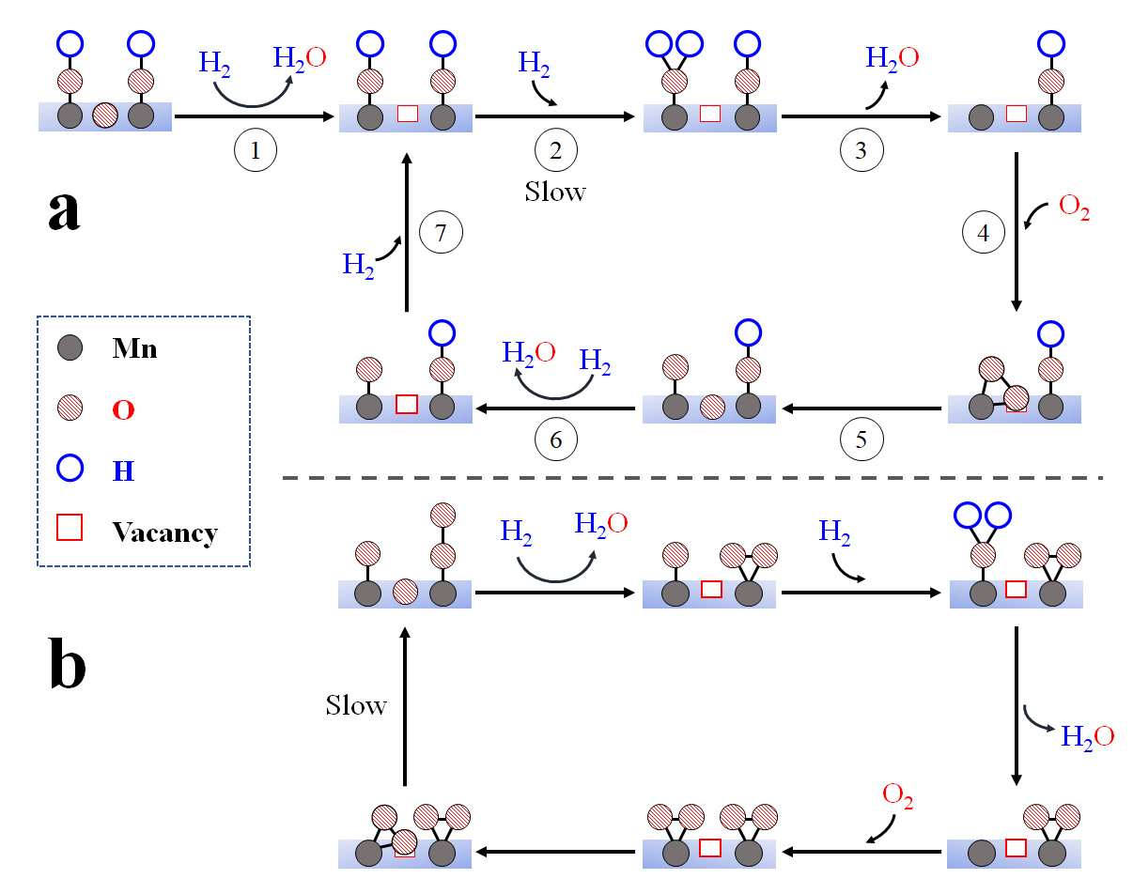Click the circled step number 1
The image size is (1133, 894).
coord(255,150)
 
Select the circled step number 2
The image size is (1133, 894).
coord(555,150)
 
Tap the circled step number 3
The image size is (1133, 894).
coord(861,150)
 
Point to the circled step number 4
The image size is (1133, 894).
coord(984,233)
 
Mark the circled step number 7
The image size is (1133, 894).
coord(441,233)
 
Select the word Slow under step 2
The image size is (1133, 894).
coord(555,192)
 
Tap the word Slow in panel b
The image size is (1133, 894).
coord(356,705)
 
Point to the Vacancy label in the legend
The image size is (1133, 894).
coord(164,532)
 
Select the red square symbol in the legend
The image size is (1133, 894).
coord(70,529)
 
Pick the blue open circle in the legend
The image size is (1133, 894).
coord(70,470)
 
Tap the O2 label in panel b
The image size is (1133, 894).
coord(898,799)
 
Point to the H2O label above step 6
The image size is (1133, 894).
coord(529,354)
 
